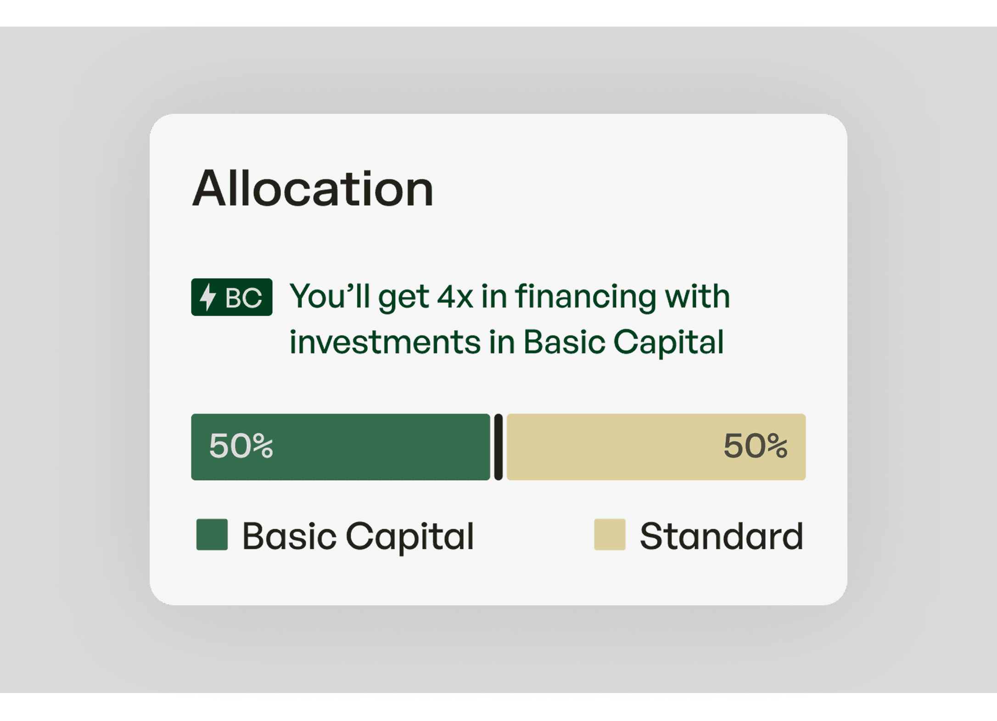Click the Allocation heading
click(x=313, y=189)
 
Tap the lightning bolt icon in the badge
click(x=208, y=297)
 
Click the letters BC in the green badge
click(x=243, y=298)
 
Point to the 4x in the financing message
click(x=455, y=296)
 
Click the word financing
click(x=586, y=297)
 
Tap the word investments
click(x=385, y=342)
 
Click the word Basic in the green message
click(x=564, y=342)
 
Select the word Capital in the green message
click(x=668, y=343)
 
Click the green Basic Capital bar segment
click(x=341, y=447)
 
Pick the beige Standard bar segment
click(x=656, y=447)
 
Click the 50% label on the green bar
click(x=241, y=446)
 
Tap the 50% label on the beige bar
click(x=756, y=446)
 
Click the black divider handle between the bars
click(x=498, y=447)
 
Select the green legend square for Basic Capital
click(x=212, y=535)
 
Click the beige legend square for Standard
click(x=610, y=535)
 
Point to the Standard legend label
click(x=722, y=536)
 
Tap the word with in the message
click(x=698, y=296)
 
